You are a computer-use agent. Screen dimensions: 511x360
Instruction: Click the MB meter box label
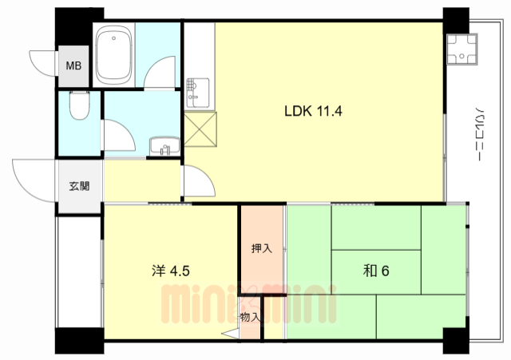pos(73,65)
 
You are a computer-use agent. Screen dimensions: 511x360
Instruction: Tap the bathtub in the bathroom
pos(114,55)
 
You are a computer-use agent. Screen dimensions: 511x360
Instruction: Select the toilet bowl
pos(80,105)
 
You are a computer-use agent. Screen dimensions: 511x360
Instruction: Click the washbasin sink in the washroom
pos(164,146)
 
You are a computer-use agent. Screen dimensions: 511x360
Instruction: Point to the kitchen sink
pos(197,93)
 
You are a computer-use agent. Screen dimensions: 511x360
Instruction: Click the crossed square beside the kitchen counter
pos(200,129)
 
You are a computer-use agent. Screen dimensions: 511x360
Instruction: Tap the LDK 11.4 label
pos(314,111)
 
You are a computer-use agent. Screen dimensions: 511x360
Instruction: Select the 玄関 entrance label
pos(79,186)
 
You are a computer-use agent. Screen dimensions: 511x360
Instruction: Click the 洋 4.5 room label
pos(171,271)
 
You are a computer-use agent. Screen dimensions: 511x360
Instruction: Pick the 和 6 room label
pos(376,271)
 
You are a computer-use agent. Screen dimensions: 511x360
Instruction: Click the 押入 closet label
pos(262,248)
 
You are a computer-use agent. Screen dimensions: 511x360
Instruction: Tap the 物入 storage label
pos(250,317)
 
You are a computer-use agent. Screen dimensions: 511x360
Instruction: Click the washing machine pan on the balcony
pos(461,49)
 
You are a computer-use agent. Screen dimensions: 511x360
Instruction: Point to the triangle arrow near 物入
pos(230,334)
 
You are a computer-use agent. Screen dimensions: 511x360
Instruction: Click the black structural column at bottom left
pos(80,341)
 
